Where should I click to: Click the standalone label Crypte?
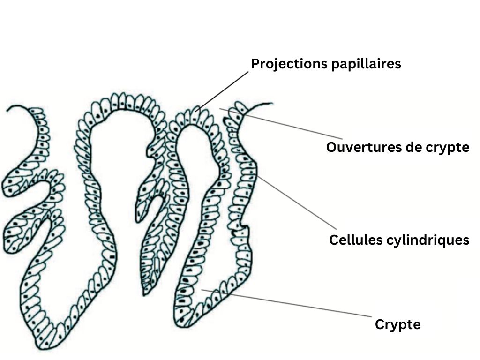(397, 324)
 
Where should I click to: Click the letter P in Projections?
(255, 64)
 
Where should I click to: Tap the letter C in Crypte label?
(379, 324)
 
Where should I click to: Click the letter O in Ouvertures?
(331, 147)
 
